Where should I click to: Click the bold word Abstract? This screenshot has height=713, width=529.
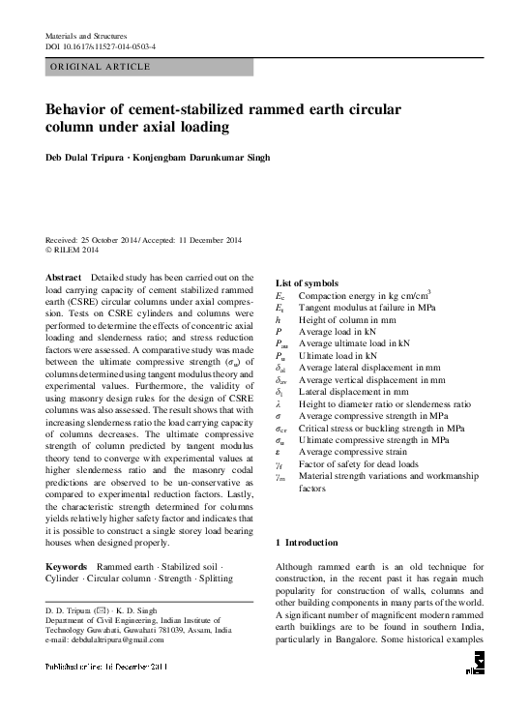coord(64,277)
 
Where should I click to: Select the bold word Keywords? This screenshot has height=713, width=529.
coord(69,565)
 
